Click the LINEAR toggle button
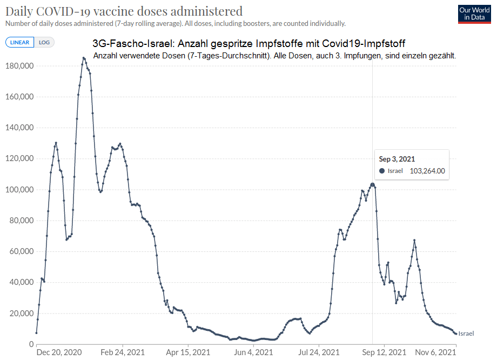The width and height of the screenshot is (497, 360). [x=19, y=42]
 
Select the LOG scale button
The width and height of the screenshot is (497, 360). [x=44, y=42]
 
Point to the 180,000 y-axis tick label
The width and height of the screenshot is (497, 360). [x=19, y=66]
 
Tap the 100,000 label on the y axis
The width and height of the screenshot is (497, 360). [x=19, y=190]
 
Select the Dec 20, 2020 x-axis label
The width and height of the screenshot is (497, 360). [x=59, y=352]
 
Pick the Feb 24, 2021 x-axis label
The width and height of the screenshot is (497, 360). [x=123, y=352]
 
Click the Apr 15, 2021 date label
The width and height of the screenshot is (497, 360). [x=189, y=352]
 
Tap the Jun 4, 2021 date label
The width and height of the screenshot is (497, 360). [x=254, y=352]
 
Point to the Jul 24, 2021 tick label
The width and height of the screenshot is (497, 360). [x=319, y=352]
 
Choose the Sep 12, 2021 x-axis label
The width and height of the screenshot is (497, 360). [x=384, y=352]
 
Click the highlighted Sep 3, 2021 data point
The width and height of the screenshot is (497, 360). [x=372, y=185]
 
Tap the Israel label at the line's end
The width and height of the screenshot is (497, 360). [x=466, y=334]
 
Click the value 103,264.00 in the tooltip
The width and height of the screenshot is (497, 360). [x=427, y=171]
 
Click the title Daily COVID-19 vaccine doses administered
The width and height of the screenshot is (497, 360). [x=124, y=11]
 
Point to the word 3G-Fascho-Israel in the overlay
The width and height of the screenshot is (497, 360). [x=125, y=44]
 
